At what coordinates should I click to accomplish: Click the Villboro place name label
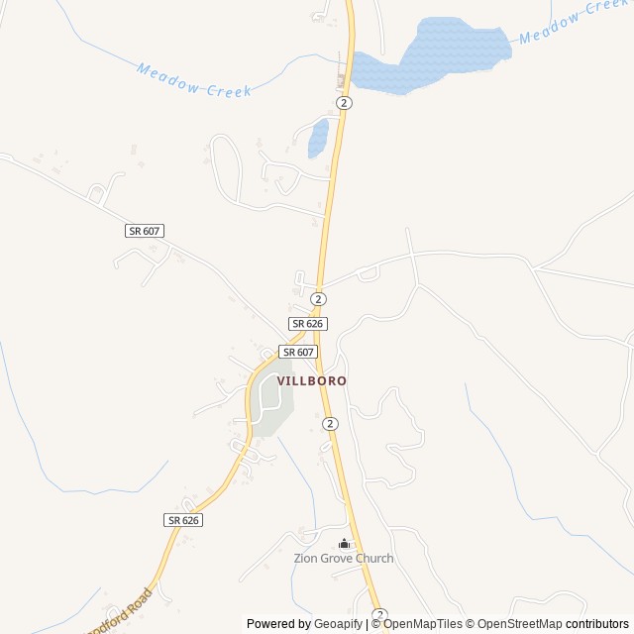(x=311, y=380)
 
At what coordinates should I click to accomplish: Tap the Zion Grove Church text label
(x=344, y=559)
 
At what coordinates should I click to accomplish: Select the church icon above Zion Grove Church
(x=344, y=543)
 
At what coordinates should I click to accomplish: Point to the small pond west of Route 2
(x=318, y=138)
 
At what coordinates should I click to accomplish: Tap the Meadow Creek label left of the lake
(x=194, y=81)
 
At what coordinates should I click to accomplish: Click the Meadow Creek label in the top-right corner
(x=574, y=23)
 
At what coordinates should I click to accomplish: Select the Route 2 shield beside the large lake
(x=344, y=103)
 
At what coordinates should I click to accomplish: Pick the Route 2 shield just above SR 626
(x=318, y=299)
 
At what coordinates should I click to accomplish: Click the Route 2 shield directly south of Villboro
(x=330, y=424)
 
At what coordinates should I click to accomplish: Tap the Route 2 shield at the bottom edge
(x=378, y=615)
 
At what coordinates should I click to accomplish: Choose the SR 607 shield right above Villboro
(x=297, y=352)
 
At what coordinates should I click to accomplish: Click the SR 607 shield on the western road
(x=145, y=231)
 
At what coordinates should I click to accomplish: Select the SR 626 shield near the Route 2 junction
(x=308, y=324)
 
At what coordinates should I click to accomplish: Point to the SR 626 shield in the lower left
(x=184, y=520)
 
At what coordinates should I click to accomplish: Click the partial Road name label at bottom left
(x=120, y=613)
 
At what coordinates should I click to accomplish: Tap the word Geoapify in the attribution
(x=338, y=624)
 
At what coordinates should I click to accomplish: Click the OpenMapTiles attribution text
(x=423, y=624)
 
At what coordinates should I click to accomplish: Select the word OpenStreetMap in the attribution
(x=520, y=624)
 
